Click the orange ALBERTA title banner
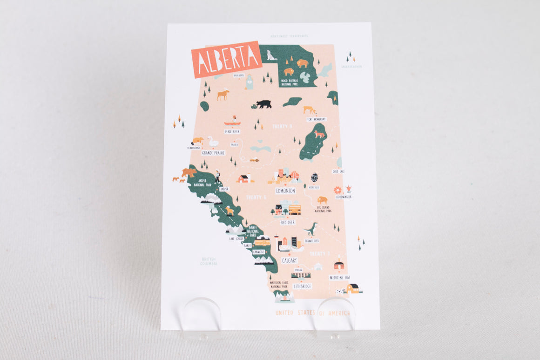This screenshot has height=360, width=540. coord(226,59)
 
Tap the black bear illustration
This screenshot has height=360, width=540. coord(263,104)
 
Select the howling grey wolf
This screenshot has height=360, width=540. coord(270,55)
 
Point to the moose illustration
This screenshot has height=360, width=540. coord(223,94)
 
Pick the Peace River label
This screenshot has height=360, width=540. coord(232,132)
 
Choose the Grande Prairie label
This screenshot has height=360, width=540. coord(213,153)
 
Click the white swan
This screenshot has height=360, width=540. coord(213,142)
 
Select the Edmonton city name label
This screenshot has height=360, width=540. coord(285,190)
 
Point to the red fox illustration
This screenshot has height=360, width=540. coord(319,134)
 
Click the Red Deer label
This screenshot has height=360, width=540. coord(288,222)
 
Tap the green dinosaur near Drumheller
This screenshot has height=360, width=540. coord(310,229)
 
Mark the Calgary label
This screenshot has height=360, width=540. coord(289,260)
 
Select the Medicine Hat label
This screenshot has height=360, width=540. coord(339,277)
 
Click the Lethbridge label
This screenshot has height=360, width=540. coord(303,286)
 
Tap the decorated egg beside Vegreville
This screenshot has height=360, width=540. coord(315,177)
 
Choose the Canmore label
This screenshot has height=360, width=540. coord(258,251)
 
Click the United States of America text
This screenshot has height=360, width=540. coord(312,313)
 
